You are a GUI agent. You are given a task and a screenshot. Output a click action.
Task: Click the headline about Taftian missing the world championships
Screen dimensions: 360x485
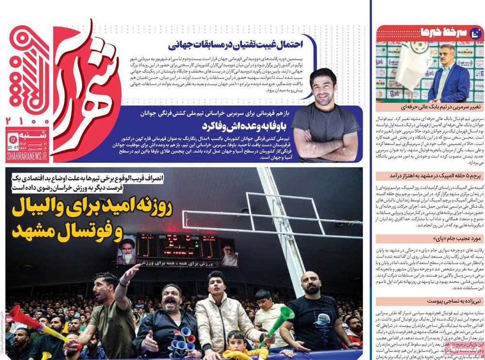pyautogui.click(x=236, y=45)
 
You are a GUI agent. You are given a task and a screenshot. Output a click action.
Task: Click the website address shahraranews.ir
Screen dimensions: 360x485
pyautogui.click(x=27, y=156)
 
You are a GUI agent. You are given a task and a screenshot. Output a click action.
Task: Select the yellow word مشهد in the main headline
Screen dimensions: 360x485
pyautogui.click(x=32, y=231)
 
